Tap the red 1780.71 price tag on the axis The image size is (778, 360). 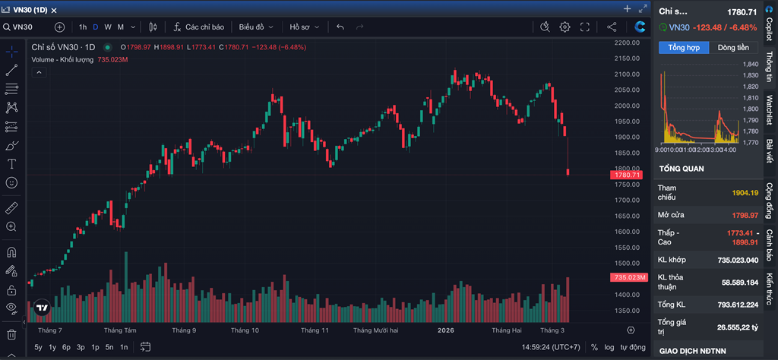coord(628,175)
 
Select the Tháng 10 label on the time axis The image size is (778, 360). coord(245,331)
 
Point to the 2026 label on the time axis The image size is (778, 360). coord(445,331)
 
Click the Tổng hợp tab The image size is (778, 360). coord(684,48)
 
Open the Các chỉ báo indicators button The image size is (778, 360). coord(199,27)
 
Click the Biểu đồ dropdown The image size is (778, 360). coord(255,27)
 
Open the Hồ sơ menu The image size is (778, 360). coord(303,27)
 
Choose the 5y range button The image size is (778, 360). coord(39,347)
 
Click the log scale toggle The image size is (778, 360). coord(609,347)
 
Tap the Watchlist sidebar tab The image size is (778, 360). coord(769,110)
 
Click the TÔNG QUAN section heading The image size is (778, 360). coord(682,169)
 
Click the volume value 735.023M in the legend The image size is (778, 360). coord(112,59)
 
